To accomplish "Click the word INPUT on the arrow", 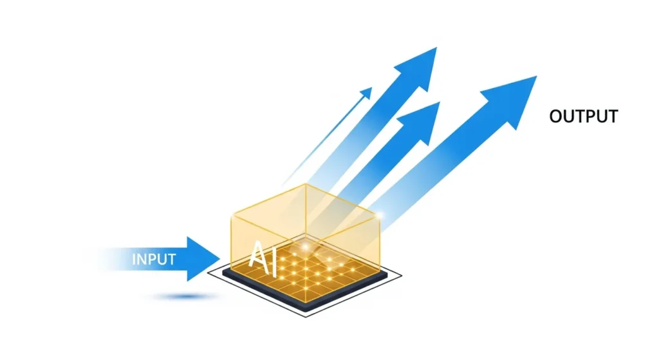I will tap(154, 260).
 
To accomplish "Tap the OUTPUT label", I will tap(584, 117).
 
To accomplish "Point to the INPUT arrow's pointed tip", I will tap(219, 259).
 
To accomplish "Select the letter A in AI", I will tap(256, 254).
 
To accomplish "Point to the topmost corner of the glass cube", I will tap(304, 185).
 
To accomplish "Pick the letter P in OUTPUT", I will tap(585, 117).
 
